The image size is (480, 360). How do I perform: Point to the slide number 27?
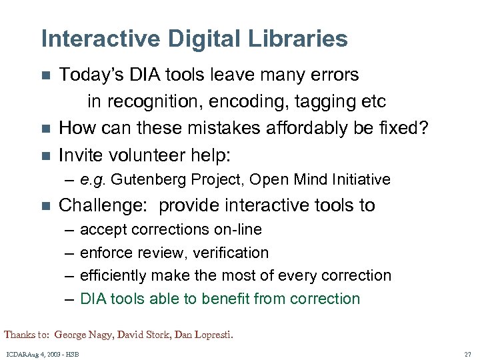(467, 354)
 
